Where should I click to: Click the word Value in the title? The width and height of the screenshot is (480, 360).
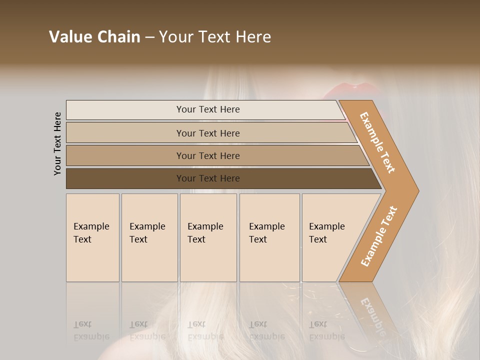[x=69, y=37]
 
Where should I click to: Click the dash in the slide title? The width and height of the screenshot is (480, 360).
[x=149, y=37]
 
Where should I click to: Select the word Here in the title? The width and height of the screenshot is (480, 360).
[x=253, y=37]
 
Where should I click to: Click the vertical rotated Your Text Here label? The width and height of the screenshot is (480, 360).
[x=57, y=144]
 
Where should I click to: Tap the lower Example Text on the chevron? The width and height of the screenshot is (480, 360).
[x=379, y=236]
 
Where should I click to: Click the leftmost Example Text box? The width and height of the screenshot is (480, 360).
[x=92, y=237]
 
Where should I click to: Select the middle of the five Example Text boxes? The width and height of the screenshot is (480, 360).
[x=208, y=237]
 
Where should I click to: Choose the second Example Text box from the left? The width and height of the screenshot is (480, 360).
[x=149, y=237]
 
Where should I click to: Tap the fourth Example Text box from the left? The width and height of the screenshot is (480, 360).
[x=269, y=237]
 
